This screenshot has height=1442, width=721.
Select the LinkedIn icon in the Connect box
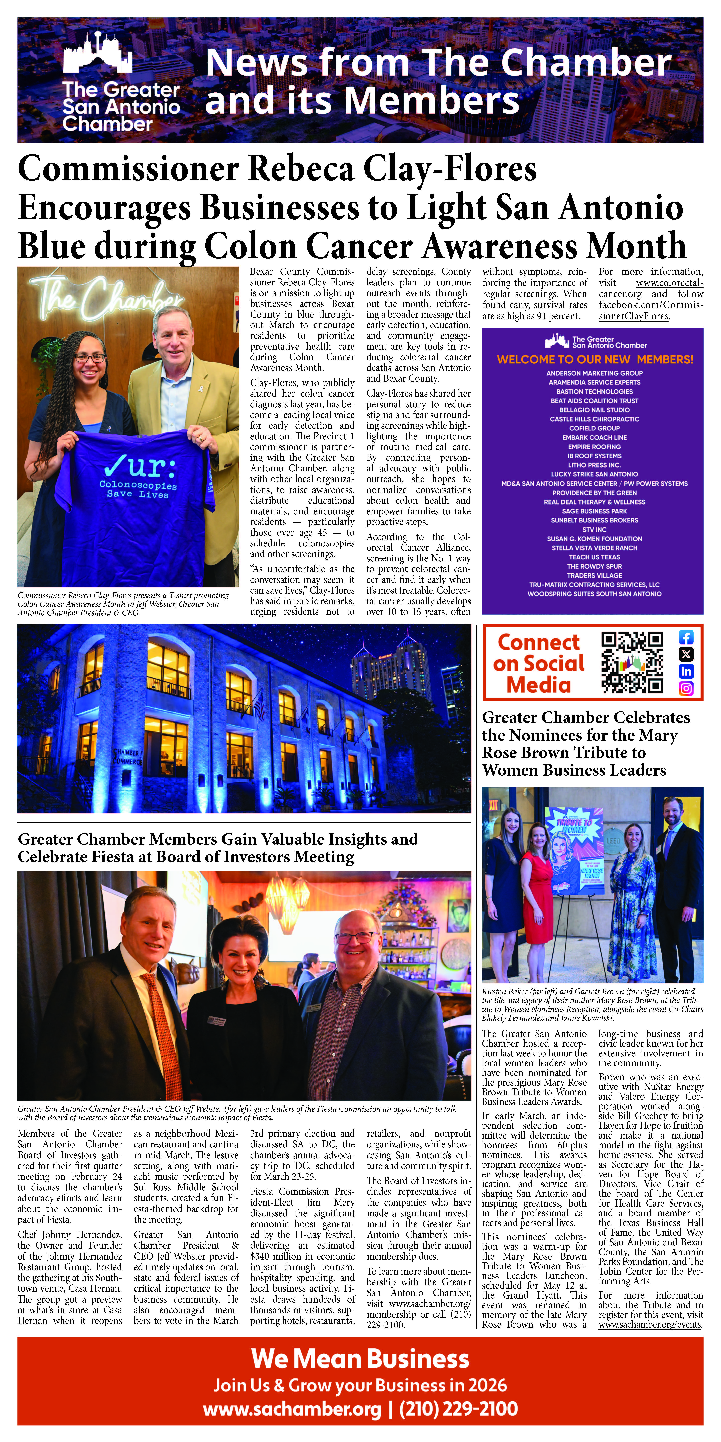point(686,671)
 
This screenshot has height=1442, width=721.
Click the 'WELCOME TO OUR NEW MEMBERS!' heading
point(595,359)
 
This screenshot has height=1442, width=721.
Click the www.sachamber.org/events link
point(649,1325)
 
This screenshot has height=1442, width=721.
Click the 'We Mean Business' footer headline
point(360,1359)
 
